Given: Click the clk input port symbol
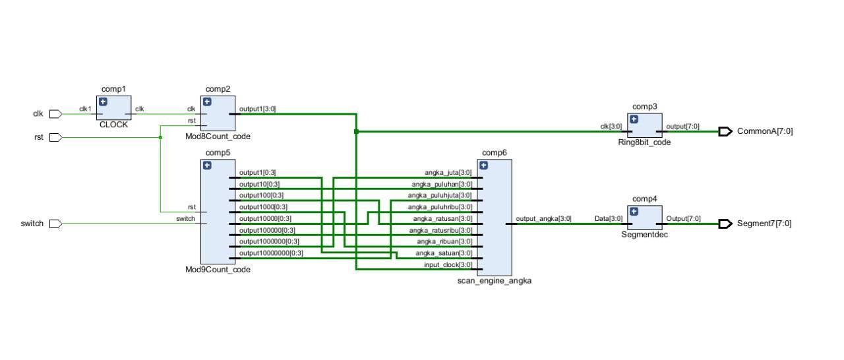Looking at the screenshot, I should click(55, 114).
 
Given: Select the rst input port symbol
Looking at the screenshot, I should click(55, 137).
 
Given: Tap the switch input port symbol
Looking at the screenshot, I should click(55, 224).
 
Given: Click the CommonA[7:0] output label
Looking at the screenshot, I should click(764, 131).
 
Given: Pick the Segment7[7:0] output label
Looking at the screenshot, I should click(764, 224).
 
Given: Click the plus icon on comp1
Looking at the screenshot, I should click(103, 102).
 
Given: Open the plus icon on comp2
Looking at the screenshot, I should click(207, 102).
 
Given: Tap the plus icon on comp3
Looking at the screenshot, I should click(634, 119).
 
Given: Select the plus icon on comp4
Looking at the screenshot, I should click(634, 212).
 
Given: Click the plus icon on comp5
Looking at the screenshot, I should click(207, 165).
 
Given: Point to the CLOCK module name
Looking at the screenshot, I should click(113, 124).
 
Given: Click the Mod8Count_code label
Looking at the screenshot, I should click(218, 136).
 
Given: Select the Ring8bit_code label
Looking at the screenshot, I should click(649, 142).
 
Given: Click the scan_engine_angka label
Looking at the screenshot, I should click(494, 280).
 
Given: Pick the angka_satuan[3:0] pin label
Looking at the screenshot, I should click(443, 253).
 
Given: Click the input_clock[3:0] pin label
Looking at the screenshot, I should click(448, 264).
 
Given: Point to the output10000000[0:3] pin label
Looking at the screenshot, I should click(271, 253).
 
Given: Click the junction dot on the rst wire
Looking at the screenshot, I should click(160, 137).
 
